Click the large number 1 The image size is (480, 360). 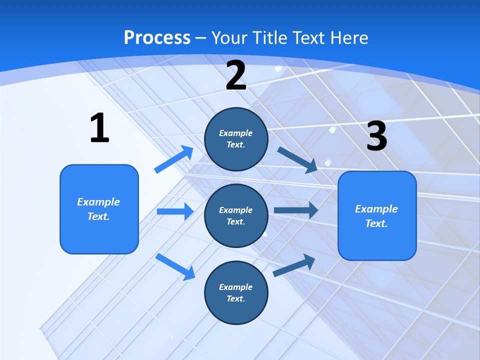pyautogui.click(x=99, y=128)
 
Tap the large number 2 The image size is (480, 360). pyautogui.click(x=236, y=75)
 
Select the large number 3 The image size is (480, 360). pyautogui.click(x=376, y=136)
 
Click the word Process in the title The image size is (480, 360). pyautogui.click(x=157, y=37)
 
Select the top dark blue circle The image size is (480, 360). pyautogui.click(x=236, y=139)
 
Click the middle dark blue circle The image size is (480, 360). pyautogui.click(x=236, y=215)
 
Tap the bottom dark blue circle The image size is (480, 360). pyautogui.click(x=236, y=292)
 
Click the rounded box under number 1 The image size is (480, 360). pyautogui.click(x=99, y=209)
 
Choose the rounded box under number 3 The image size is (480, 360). pyautogui.click(x=377, y=215)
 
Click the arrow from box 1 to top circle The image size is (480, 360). pyautogui.click(x=174, y=159)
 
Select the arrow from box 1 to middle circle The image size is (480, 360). pyautogui.click(x=175, y=211)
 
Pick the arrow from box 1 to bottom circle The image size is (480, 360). pyautogui.click(x=175, y=266)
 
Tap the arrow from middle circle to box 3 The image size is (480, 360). pyautogui.click(x=295, y=210)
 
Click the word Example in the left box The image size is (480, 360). pyautogui.click(x=98, y=202)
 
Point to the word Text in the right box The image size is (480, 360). pyautogui.click(x=375, y=223)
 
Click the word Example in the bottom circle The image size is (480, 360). pyautogui.click(x=236, y=287)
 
